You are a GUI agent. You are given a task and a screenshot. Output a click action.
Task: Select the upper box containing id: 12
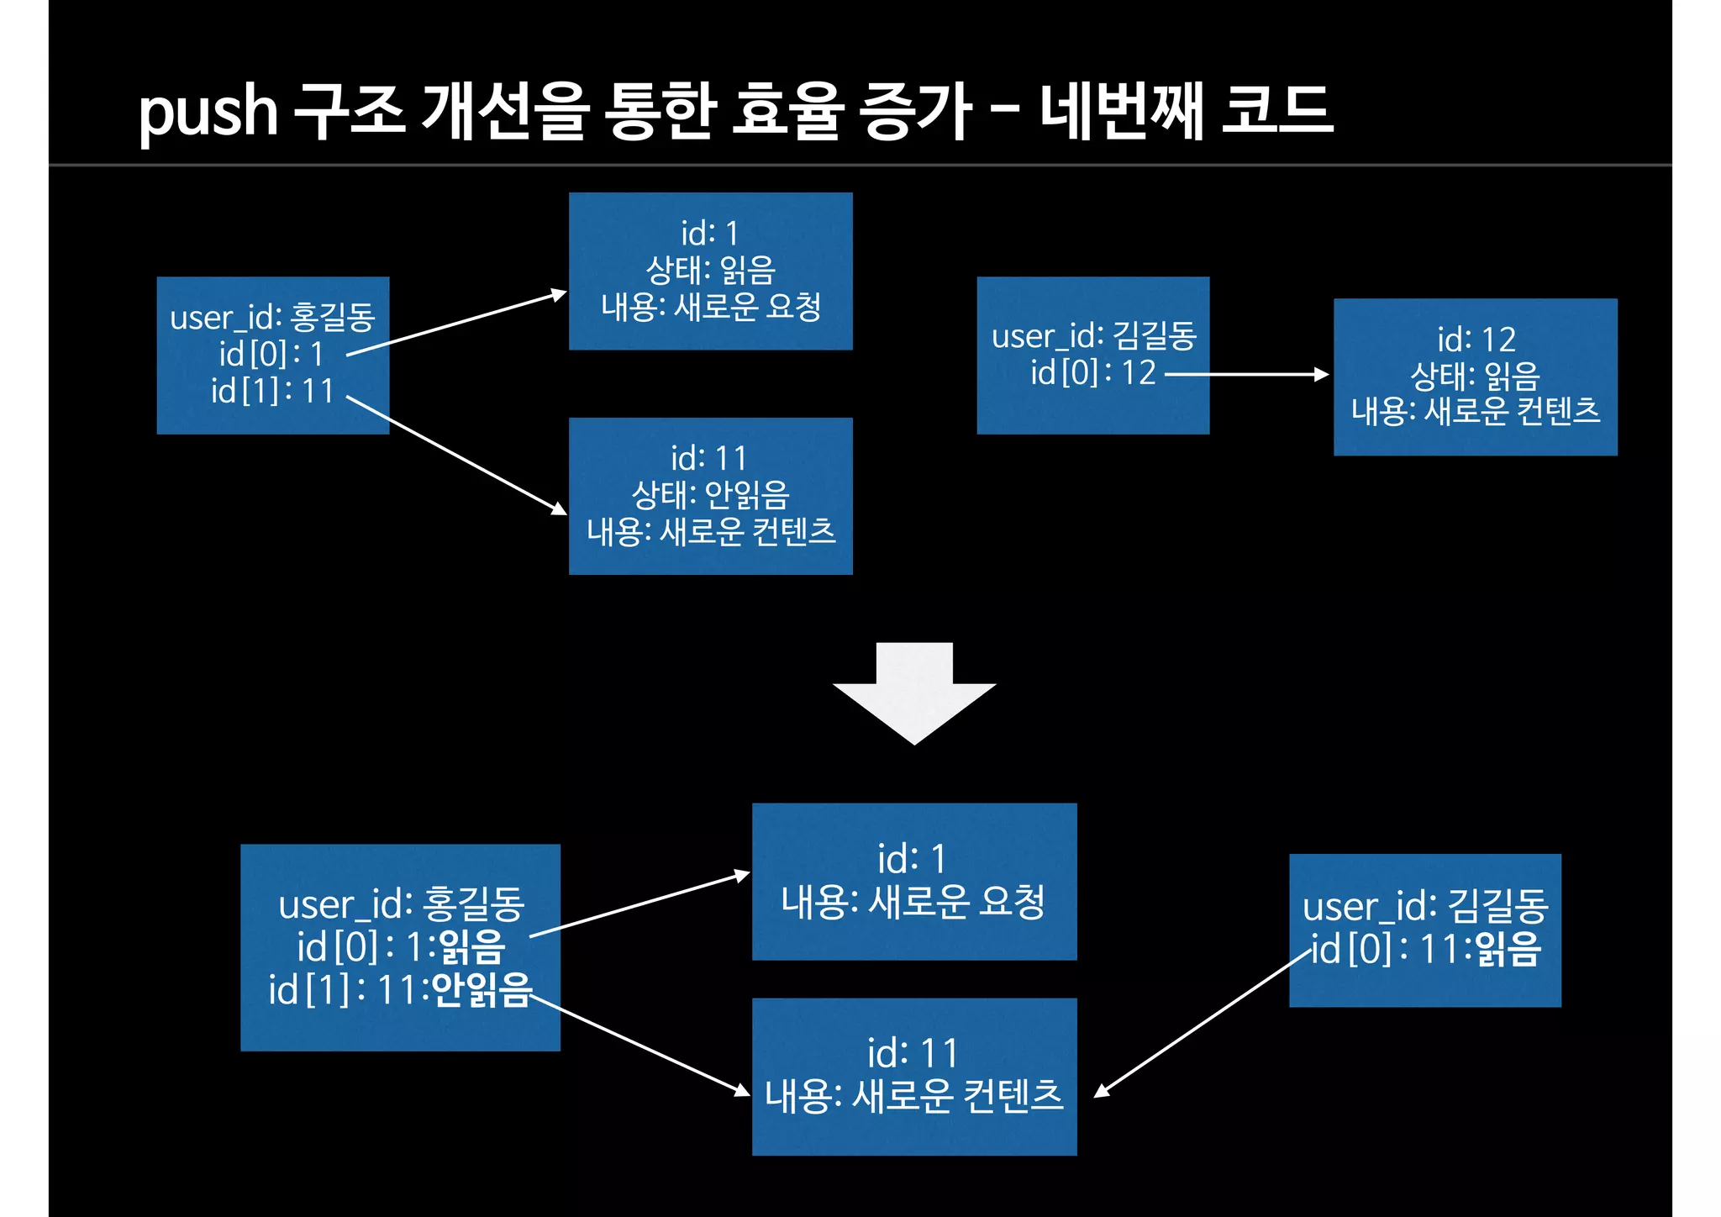[x=1475, y=377]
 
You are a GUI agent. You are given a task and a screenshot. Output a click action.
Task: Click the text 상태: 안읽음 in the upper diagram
[x=710, y=495]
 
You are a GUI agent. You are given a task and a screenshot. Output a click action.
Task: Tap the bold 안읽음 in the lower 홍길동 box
[x=482, y=990]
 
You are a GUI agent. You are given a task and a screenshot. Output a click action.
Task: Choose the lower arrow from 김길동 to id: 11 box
[x=1202, y=1024]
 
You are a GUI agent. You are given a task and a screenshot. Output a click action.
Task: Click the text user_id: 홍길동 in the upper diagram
[x=272, y=318]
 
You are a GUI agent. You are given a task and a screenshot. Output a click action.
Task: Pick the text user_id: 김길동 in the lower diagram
[x=1425, y=907]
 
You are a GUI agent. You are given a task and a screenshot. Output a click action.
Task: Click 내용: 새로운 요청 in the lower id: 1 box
[x=913, y=903]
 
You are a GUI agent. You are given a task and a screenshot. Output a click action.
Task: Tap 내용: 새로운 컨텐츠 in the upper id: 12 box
[x=1475, y=412]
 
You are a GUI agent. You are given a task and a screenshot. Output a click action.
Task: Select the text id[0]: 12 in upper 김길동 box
[x=1093, y=372]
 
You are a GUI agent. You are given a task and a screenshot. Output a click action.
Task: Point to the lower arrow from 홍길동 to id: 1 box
[x=639, y=904]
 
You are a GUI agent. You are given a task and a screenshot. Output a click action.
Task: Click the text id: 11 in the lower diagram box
[x=913, y=1053]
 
